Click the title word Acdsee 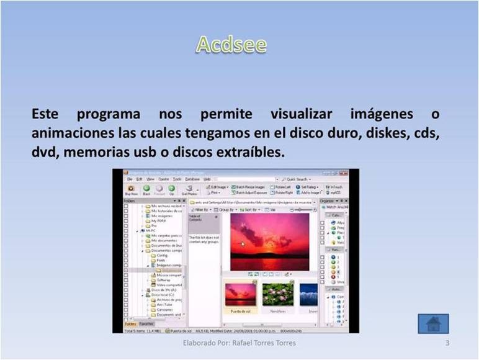click(231, 45)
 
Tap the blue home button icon click(433, 323)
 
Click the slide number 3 click(447, 343)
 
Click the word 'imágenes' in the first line click(381, 115)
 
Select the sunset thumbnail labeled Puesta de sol click(240, 295)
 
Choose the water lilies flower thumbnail click(277, 295)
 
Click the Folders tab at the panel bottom click(130, 324)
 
